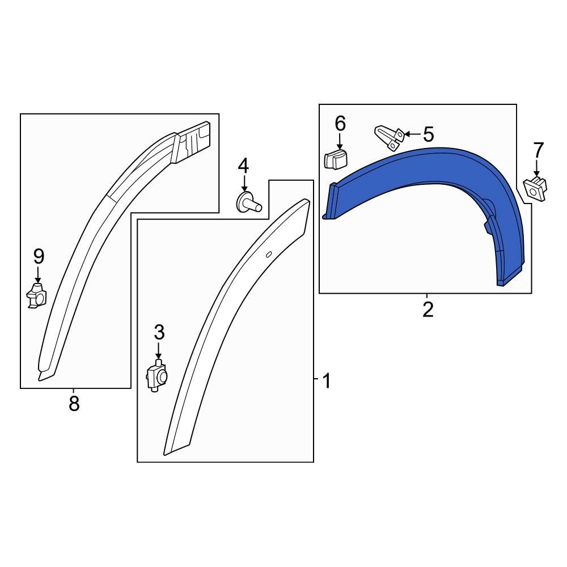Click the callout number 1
click(x=326, y=381)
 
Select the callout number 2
click(x=428, y=310)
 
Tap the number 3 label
click(x=159, y=332)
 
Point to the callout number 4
click(x=243, y=166)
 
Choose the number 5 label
click(x=428, y=135)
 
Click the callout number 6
click(x=340, y=123)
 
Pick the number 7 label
click(x=538, y=151)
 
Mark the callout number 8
click(x=74, y=404)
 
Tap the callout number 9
click(x=38, y=257)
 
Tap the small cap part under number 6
click(x=336, y=160)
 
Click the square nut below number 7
click(x=536, y=186)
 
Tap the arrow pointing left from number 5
click(x=413, y=135)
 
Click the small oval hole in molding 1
click(x=269, y=254)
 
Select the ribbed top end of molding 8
click(x=193, y=141)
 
